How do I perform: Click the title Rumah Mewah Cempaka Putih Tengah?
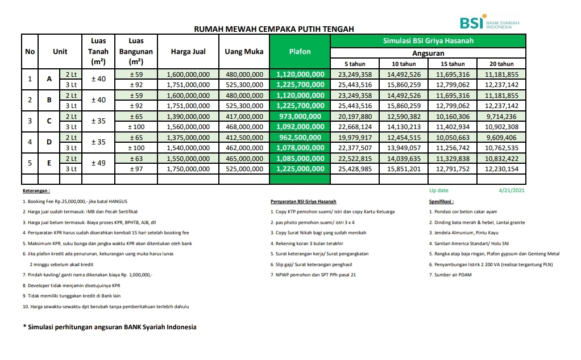[274, 28]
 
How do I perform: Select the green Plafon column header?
[300, 52]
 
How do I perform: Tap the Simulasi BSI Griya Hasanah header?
[428, 41]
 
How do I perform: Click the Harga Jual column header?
[188, 52]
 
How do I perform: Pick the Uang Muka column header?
[244, 52]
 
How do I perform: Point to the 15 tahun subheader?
[453, 64]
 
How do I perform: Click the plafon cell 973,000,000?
[300, 116]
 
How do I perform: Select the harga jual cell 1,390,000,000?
[188, 116]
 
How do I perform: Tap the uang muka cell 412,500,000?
[244, 137]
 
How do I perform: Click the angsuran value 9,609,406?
[501, 137]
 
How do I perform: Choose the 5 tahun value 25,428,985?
[355, 169]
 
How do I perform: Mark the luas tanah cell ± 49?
[98, 163]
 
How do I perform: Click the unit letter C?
[49, 121]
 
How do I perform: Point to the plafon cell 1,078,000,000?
[300, 148]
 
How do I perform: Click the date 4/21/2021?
[511, 191]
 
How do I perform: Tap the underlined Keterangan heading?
[36, 191]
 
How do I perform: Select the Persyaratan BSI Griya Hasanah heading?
[303, 201]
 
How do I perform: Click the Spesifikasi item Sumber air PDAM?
[450, 275]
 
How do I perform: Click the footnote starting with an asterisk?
[109, 327]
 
